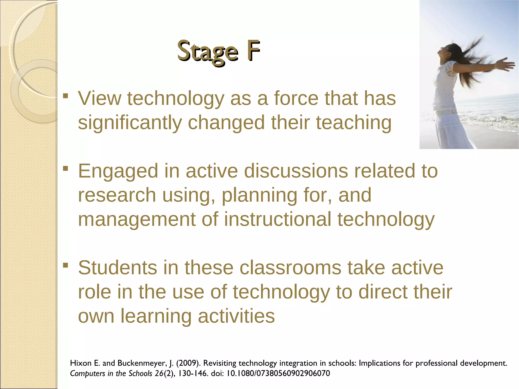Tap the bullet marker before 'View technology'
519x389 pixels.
point(66,96)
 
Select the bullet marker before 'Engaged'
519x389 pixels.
point(66,168)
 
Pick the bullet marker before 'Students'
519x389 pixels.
point(66,265)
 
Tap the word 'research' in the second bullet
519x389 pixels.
point(117,195)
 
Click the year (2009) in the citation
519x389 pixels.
point(188,363)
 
